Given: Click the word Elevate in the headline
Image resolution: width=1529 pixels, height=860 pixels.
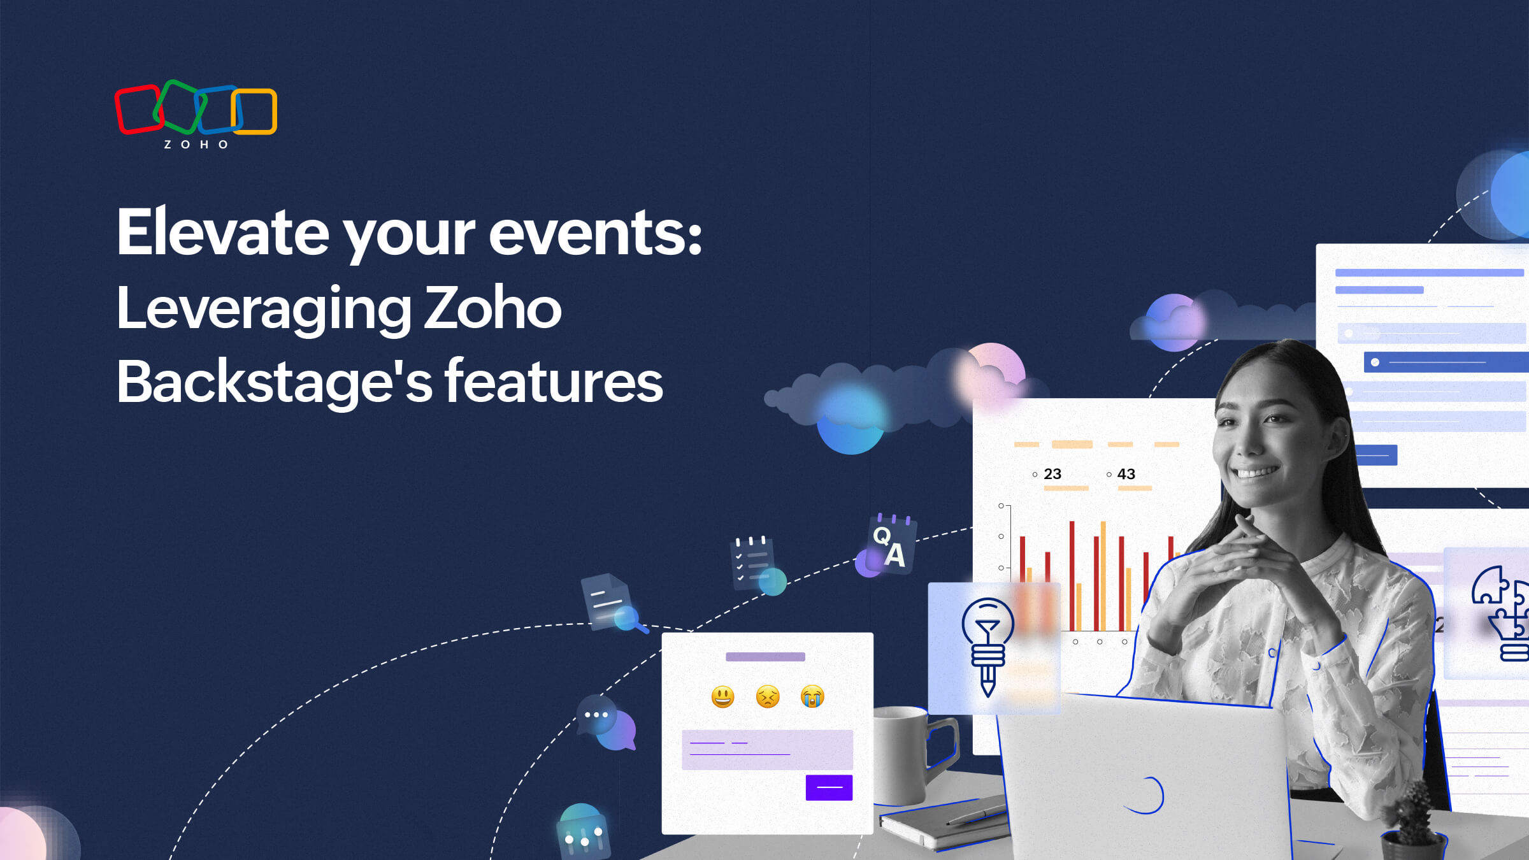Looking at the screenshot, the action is pos(223,233).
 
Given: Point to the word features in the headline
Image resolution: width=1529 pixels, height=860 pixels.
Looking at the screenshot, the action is pos(554,382).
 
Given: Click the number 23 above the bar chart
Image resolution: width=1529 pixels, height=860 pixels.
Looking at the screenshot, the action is pos(1052,474).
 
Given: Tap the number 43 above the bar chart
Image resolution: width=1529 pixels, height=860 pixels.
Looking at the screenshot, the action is pos(1126,474).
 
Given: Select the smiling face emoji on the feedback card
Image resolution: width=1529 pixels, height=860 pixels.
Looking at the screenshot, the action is pos(722,697).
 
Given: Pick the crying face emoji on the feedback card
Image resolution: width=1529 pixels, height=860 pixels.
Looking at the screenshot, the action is pos(812,697).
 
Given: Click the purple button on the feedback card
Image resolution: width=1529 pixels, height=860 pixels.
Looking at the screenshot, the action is pos(829,787).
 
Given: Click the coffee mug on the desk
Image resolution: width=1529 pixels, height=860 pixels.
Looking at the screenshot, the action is pos(911,755).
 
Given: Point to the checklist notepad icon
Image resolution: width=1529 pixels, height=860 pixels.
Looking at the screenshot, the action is pos(755,564).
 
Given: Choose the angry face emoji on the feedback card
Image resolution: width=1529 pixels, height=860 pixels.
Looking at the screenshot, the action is pos(768,697).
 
